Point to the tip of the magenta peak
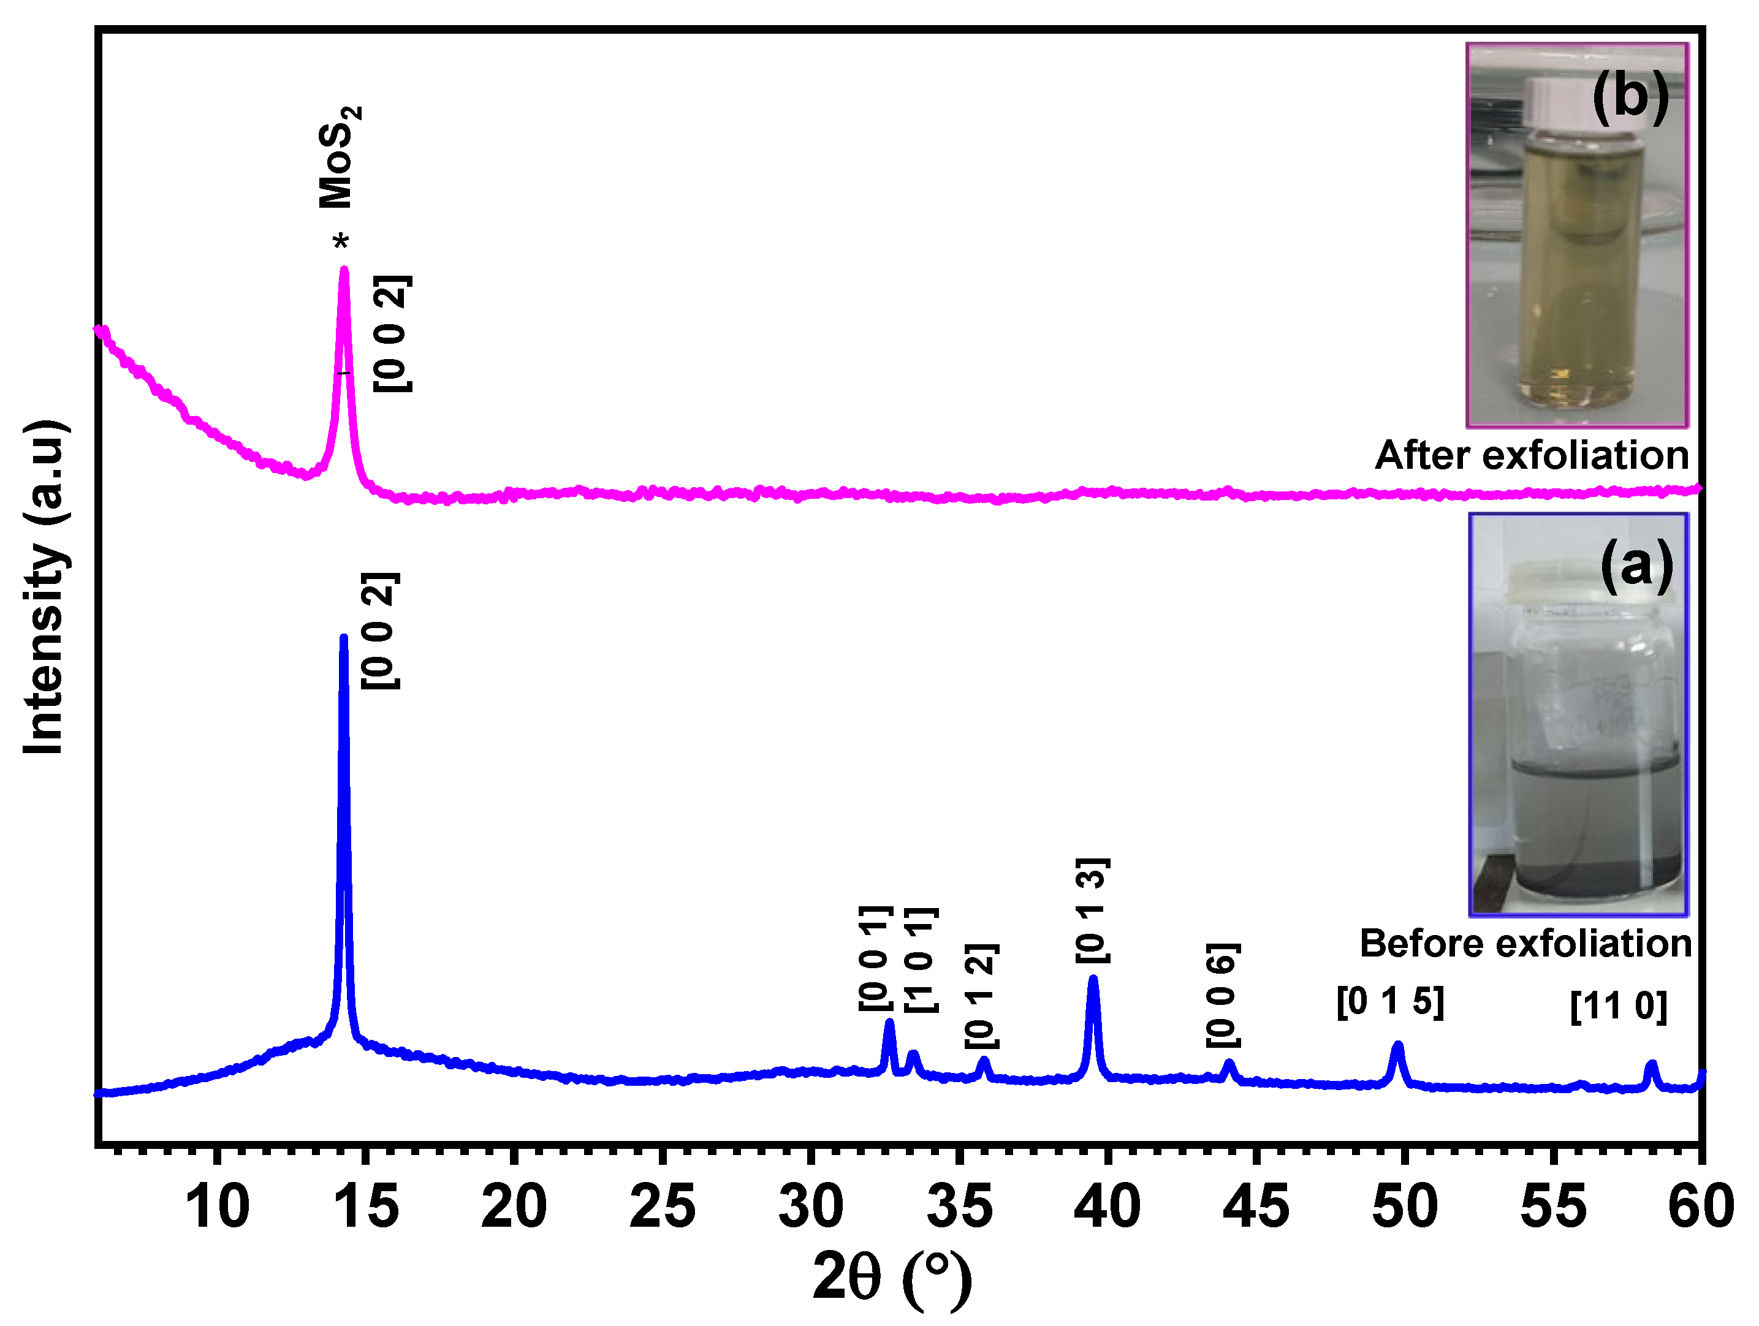(344, 270)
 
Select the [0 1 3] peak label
(1093, 910)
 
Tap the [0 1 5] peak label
(1390, 1002)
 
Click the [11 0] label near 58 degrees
(1618, 1006)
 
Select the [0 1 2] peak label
(981, 996)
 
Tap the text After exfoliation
(1532, 455)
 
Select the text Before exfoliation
(1525, 944)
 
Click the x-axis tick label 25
(661, 1207)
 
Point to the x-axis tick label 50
(1404, 1207)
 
